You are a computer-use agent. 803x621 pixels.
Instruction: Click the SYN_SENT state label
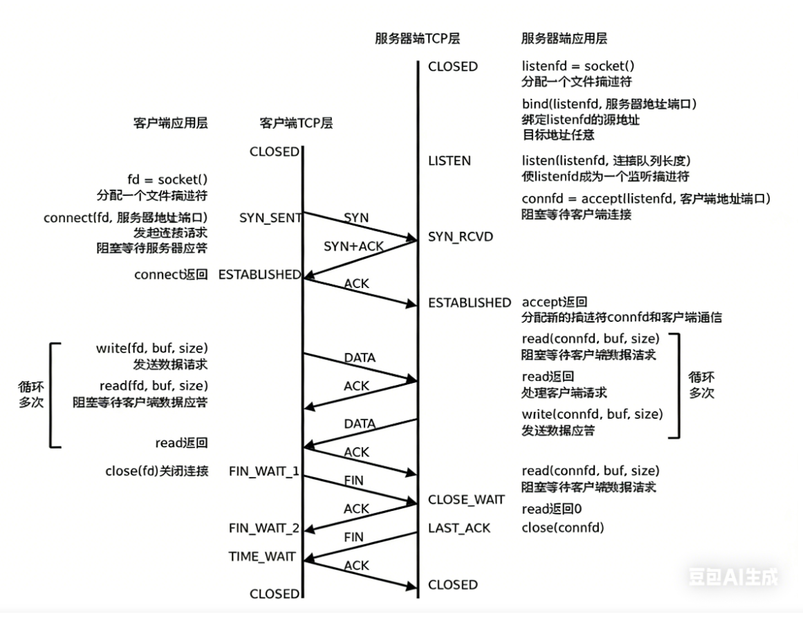point(270,218)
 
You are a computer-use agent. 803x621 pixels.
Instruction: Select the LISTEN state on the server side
point(450,161)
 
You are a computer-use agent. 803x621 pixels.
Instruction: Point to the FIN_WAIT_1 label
point(264,471)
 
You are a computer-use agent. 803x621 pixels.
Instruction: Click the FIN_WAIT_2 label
point(264,528)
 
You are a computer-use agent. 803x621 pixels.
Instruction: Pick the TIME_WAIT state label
point(262,557)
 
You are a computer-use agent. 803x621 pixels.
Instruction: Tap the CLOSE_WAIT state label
point(466,500)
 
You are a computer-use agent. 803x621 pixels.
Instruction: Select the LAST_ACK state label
point(459,528)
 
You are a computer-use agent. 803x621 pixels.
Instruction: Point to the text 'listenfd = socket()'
point(578,66)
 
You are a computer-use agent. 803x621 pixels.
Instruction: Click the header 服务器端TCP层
point(417,39)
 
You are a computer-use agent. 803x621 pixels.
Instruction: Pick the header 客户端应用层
point(170,123)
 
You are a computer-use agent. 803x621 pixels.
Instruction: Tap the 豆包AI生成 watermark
point(733,576)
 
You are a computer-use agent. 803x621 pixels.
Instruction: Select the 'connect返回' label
point(171,275)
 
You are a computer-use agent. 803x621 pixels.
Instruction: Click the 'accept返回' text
point(555,303)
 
